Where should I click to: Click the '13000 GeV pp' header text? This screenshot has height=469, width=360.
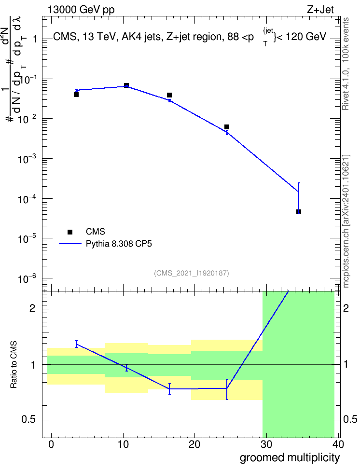[x=81, y=10]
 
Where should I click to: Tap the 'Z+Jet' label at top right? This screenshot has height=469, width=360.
[x=320, y=10]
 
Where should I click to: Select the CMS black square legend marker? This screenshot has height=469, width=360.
[x=70, y=232]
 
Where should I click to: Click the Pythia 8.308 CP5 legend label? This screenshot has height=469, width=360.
[x=119, y=244]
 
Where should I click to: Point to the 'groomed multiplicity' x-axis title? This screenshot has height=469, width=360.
[x=290, y=457]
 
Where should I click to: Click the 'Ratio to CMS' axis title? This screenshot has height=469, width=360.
[x=14, y=365]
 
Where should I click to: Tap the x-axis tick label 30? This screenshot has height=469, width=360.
[x=266, y=444]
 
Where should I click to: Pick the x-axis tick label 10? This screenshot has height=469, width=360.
[x=123, y=444]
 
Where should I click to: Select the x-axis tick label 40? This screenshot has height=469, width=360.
[x=338, y=444]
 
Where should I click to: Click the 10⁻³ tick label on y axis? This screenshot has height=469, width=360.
[x=28, y=159]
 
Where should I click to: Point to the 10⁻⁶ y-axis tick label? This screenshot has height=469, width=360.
[x=28, y=279]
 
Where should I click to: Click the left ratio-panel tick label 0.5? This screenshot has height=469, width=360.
[x=29, y=420]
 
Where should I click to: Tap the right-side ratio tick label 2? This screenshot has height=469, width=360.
[x=346, y=308]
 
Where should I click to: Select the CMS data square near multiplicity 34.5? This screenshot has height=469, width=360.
[x=299, y=212]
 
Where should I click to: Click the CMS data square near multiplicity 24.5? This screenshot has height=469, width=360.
[x=227, y=127]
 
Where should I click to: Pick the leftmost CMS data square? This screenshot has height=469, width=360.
[x=76, y=95]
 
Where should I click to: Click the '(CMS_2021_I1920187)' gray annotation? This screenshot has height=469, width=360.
[x=192, y=273]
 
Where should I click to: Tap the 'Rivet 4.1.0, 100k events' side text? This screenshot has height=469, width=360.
[x=346, y=64]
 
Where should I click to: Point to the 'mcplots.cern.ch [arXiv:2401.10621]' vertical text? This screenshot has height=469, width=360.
[x=346, y=221]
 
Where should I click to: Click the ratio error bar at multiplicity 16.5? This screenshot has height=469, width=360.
[x=169, y=389]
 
